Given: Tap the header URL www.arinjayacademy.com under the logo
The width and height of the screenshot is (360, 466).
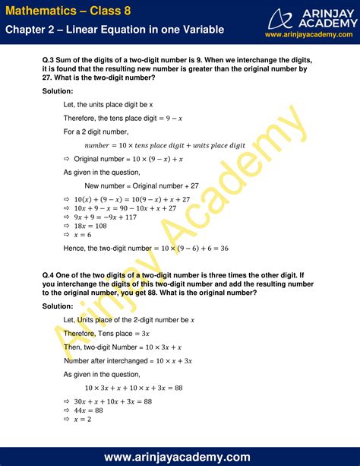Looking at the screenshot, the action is [x=309, y=35].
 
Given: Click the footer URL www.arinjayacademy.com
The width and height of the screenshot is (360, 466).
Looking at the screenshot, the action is [x=179, y=457].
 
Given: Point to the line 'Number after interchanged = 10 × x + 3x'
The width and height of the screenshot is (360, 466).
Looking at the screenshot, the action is [x=128, y=360].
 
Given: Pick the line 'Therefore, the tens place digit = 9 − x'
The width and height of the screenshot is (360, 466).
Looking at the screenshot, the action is [x=125, y=117].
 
